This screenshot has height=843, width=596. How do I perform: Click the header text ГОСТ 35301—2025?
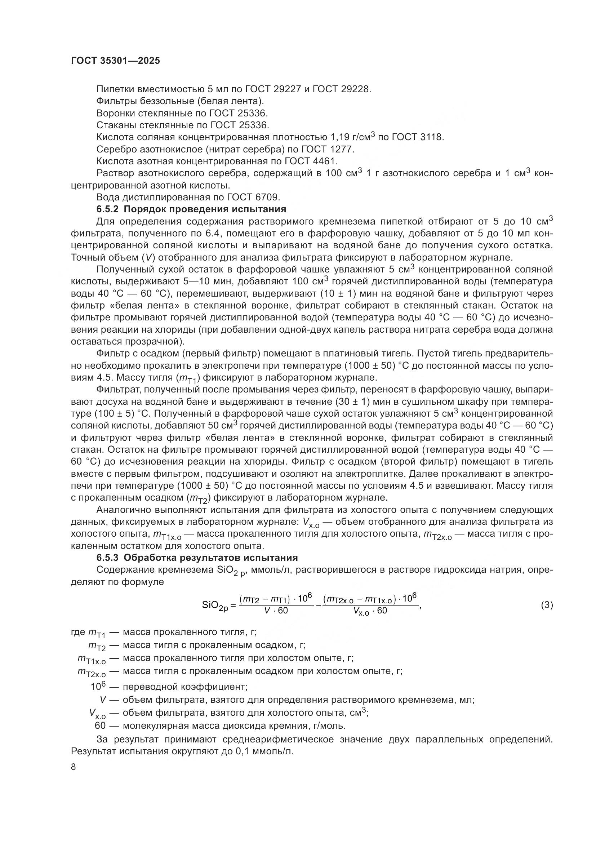point(115,61)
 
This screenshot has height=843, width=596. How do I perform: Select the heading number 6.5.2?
point(107,209)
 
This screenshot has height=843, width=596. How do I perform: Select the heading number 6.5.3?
point(107,557)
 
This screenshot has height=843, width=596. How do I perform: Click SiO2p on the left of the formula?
point(215,605)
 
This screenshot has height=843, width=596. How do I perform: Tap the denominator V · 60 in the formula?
point(276,611)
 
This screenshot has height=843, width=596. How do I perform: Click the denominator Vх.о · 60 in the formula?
point(370,611)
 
